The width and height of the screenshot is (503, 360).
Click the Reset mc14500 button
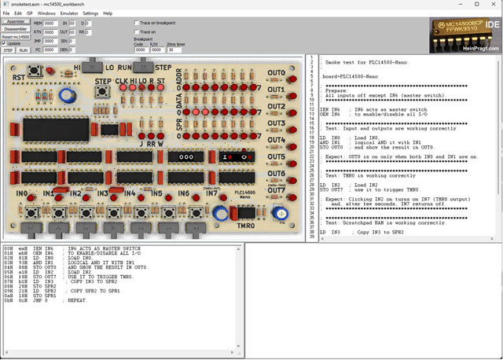pyautogui.click(x=15, y=36)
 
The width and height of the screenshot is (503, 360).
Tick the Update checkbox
pyautogui.click(x=5, y=43)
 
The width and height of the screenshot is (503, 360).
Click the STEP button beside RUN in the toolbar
pyautogui.click(x=8, y=50)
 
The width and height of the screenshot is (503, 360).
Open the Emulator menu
pyautogui.click(x=69, y=13)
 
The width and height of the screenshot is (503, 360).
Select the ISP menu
pyautogui.click(x=28, y=13)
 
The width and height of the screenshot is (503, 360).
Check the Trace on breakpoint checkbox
pyautogui.click(x=136, y=23)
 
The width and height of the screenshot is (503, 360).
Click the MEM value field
pyautogui.click(x=50, y=24)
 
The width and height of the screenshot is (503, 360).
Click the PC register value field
pyautogui.click(x=50, y=50)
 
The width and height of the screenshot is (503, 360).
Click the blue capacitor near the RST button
pyautogui.click(x=68, y=94)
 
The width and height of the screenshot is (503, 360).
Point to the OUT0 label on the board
pyautogui.click(x=276, y=74)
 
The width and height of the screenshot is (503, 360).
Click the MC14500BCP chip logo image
pyautogui.click(x=463, y=35)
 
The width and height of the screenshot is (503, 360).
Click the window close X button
pyautogui.click(x=494, y=4)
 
